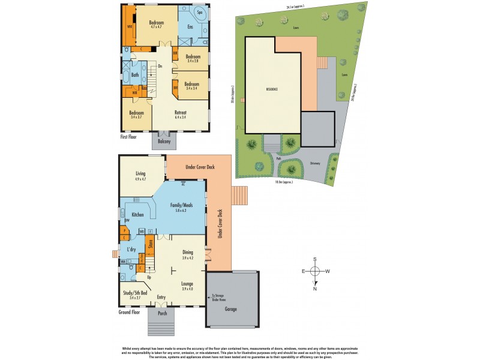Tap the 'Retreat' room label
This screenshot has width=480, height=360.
pos(180,112)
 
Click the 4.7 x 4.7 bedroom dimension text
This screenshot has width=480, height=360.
pos(157,27)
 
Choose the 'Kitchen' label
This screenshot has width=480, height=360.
pos(137,214)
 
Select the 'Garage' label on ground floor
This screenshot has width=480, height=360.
pos(231,309)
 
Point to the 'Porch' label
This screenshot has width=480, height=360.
pos(162,313)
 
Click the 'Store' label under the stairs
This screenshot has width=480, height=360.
pos(151,244)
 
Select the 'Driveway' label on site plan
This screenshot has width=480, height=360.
pos(315,163)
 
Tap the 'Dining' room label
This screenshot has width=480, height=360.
pos(188,254)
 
